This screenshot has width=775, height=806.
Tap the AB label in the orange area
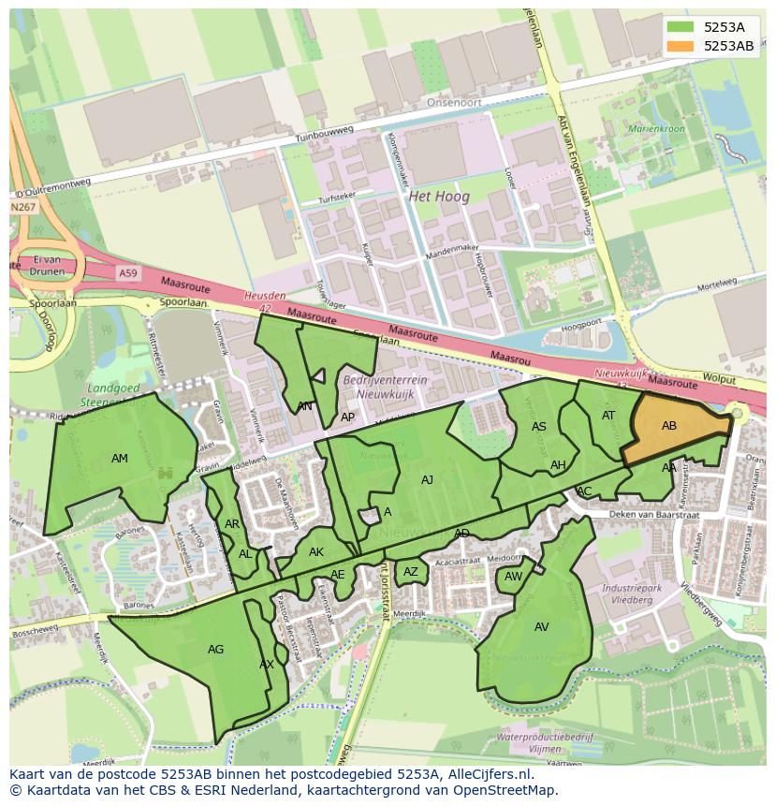pos(669,426)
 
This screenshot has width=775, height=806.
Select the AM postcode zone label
pos(120,459)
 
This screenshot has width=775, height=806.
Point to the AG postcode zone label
pos(216,650)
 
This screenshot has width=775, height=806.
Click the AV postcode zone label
pos(542,627)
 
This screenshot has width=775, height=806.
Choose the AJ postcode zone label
pos(427,480)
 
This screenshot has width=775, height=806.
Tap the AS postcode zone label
pos(539,427)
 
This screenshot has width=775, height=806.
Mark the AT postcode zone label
pos(608,416)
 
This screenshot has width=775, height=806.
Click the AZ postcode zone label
pos(411,572)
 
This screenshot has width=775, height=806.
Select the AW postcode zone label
pos(513,577)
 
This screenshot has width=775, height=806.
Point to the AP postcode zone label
pos(348,418)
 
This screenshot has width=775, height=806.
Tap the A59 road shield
pos(128,272)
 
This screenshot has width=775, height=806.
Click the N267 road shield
pos(22,206)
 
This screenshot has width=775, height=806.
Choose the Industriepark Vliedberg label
pos(626,594)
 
